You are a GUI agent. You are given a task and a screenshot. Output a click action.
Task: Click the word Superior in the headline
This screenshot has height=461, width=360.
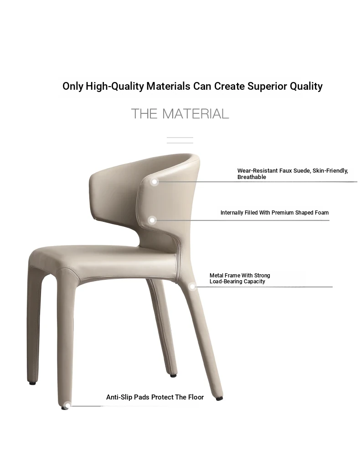[x=267, y=86]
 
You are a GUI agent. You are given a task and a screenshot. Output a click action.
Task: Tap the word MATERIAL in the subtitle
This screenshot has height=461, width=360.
[x=195, y=114]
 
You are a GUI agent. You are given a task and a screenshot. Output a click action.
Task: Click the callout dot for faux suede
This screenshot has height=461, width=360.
[x=154, y=182]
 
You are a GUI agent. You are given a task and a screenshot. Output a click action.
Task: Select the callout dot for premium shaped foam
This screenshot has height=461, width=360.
[x=152, y=220]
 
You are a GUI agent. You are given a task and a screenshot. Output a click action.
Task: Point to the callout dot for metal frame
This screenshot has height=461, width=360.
[x=192, y=287]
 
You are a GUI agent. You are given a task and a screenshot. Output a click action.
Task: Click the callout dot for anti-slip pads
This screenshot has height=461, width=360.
[x=67, y=406]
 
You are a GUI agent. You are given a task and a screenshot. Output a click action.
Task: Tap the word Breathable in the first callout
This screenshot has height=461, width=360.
[x=252, y=177]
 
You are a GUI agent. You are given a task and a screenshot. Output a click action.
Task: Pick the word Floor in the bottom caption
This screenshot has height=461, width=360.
[x=196, y=397]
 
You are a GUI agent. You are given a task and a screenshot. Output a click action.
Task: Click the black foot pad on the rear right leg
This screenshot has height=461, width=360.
[x=219, y=399]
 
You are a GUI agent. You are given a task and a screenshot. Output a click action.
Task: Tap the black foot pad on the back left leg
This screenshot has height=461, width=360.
[x=32, y=383]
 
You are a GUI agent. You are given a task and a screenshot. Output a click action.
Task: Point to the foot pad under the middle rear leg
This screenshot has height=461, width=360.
[x=173, y=375]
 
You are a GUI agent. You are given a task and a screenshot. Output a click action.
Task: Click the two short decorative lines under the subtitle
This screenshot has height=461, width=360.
[x=180, y=140]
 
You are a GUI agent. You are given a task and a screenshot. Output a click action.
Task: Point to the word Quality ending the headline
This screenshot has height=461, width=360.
[x=306, y=87]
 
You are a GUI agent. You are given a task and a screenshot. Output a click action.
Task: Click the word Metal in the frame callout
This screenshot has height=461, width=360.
[x=216, y=276]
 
